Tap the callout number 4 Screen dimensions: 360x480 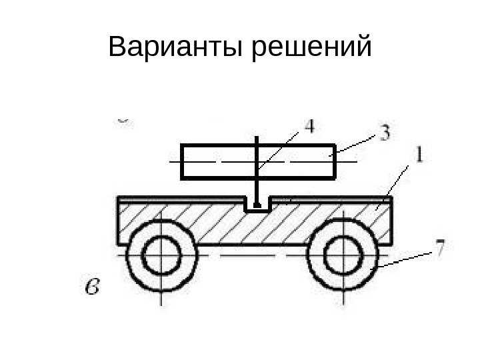[x=309, y=127]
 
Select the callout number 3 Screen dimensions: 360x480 [x=385, y=133]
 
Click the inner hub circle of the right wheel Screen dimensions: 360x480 [x=344, y=254]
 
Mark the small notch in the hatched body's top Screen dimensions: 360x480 [x=257, y=205]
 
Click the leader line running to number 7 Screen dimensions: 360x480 [x=407, y=257]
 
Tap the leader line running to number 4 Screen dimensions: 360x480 [x=283, y=145]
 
